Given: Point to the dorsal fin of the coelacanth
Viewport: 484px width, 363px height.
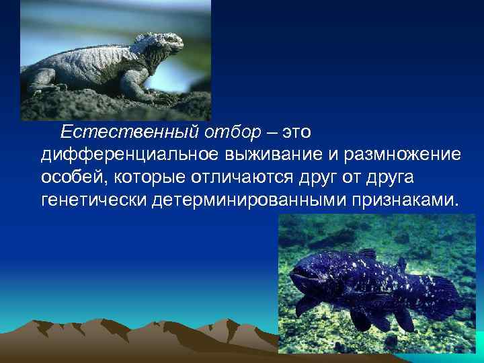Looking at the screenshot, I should click(367, 254).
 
